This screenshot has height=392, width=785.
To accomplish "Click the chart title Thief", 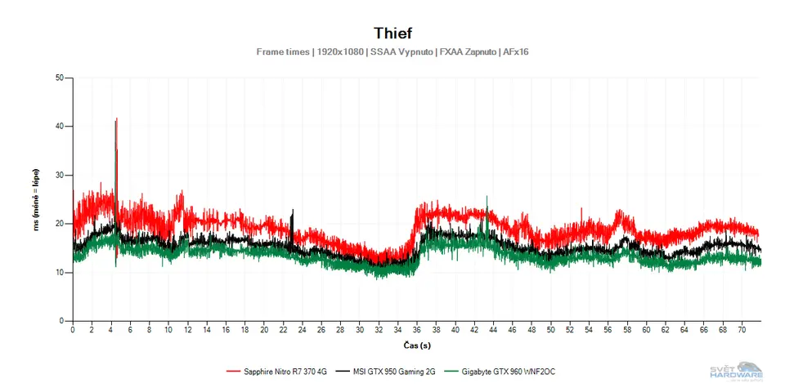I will pos(392,33).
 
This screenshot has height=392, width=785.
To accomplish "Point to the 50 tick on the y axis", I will pos(59,78).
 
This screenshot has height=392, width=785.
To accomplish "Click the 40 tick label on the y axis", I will pos(59,127).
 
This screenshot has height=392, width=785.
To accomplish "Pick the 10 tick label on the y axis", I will pos(59,272).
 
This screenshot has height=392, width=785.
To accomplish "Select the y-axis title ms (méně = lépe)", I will pos(38,199).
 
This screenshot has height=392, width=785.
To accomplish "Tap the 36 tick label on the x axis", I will pos(417,331).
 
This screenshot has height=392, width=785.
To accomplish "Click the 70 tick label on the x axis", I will pos(742,331).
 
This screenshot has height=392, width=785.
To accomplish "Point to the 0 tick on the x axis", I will pos(73,331).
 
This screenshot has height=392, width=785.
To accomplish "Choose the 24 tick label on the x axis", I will pos(303,331).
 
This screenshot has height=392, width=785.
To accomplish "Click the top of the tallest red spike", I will pos(117,119).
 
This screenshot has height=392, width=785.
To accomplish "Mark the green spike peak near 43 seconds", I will pos(487,197).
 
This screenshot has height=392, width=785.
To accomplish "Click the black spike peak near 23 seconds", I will pos(293,210).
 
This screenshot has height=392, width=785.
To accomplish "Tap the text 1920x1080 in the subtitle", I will pos(339,51).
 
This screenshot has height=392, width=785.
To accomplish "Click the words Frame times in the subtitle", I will pos(282,51).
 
